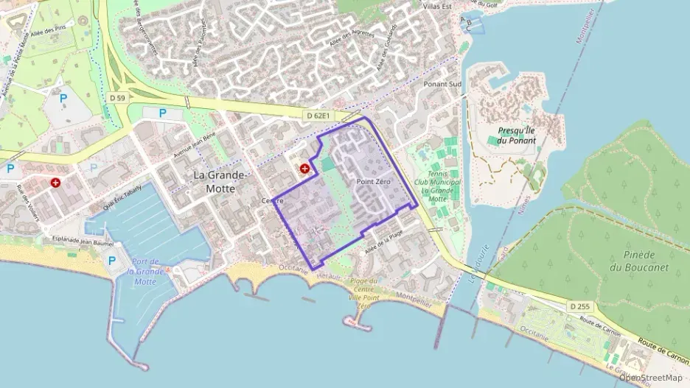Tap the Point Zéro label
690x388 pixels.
coord(373,180)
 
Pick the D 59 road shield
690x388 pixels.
coord(118,96)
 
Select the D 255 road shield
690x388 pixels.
coord(580,305)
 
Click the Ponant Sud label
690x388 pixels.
coord(442,84)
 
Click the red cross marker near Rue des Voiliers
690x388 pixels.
coord(55,183)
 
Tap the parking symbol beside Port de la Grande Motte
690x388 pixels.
coord(112,261)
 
